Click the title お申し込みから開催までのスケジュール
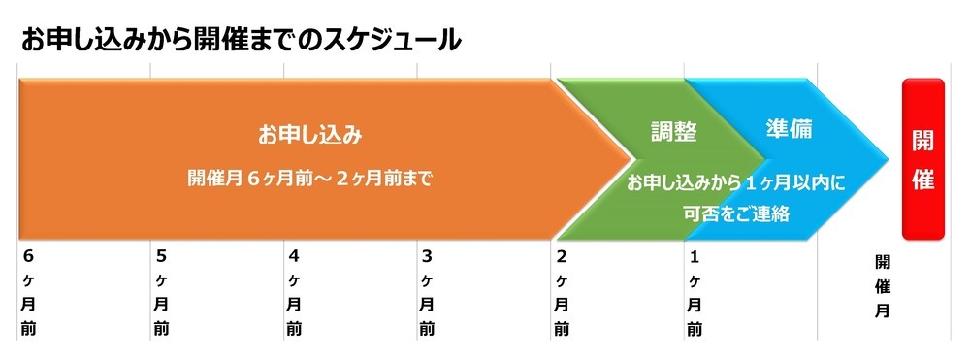pos(239,40)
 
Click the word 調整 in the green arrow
pos(674,132)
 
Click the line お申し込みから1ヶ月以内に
pos(736,182)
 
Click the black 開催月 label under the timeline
pos(883,286)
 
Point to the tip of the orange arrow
pos(631,159)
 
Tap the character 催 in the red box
pos(922,179)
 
